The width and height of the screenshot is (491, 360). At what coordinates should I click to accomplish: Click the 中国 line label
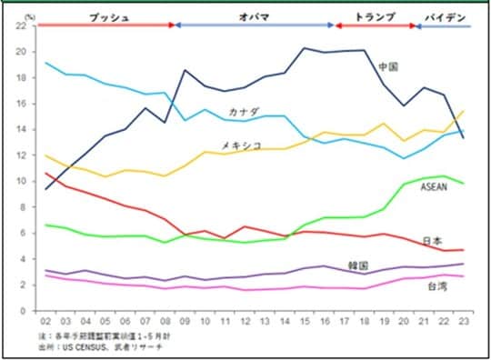click(389, 67)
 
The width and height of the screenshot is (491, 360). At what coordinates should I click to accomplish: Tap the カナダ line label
click(243, 112)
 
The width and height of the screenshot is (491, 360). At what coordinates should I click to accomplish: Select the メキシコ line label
click(242, 145)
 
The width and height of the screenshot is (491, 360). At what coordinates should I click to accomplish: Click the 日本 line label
click(434, 241)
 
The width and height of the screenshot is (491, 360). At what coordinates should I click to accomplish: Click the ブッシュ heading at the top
click(107, 16)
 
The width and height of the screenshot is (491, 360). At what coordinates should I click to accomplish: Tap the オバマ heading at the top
click(254, 16)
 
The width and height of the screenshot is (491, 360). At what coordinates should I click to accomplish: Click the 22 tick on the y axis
click(21, 25)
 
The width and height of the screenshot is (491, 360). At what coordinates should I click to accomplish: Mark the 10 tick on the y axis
click(21, 181)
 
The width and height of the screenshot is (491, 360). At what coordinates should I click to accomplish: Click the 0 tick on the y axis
click(24, 311)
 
